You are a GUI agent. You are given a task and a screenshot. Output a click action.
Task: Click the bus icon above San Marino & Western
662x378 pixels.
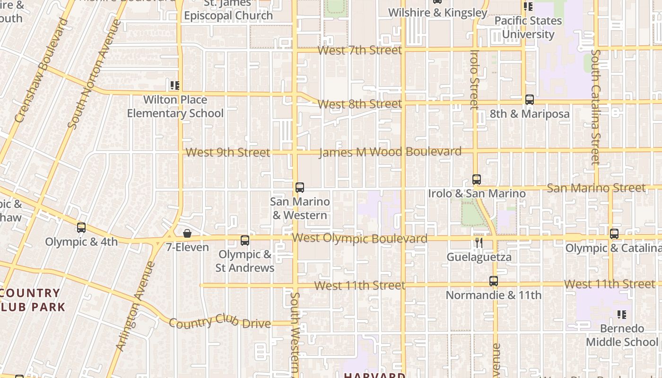pos(299,187)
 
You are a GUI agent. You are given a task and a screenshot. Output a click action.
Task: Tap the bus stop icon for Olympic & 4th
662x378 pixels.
pos(81,228)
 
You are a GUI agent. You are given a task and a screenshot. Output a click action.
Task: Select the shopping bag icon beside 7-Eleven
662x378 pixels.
pos(187,233)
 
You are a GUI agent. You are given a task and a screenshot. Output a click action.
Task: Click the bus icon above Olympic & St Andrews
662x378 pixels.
pos(244,240)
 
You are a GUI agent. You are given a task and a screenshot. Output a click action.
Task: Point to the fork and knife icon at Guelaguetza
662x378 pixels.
pos(479,243)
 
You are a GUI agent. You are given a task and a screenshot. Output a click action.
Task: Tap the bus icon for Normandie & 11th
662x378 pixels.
pos(494,281)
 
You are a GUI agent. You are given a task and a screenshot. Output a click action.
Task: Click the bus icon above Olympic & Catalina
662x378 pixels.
pos(614,233)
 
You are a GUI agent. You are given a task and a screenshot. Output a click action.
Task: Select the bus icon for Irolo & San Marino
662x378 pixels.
pos(477,180)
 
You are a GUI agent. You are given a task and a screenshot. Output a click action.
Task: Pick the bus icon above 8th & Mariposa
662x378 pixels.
pos(530,100)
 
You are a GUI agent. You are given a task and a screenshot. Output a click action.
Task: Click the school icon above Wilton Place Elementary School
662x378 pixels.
pos(175,86)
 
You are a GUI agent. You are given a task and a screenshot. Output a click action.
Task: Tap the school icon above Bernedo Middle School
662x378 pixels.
pos(622,314)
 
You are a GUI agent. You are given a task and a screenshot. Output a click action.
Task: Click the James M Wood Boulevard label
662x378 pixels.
pos(390,152)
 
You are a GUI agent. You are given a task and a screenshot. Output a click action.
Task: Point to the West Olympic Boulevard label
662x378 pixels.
pos(360,238)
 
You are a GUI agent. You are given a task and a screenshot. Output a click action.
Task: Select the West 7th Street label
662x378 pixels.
pos(360,50)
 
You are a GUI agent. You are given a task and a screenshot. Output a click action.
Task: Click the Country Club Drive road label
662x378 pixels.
pos(219,322)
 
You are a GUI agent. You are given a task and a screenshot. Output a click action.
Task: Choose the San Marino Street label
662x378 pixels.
pos(596,188)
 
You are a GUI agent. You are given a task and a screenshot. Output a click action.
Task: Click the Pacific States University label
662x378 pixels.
pos(528,27)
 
